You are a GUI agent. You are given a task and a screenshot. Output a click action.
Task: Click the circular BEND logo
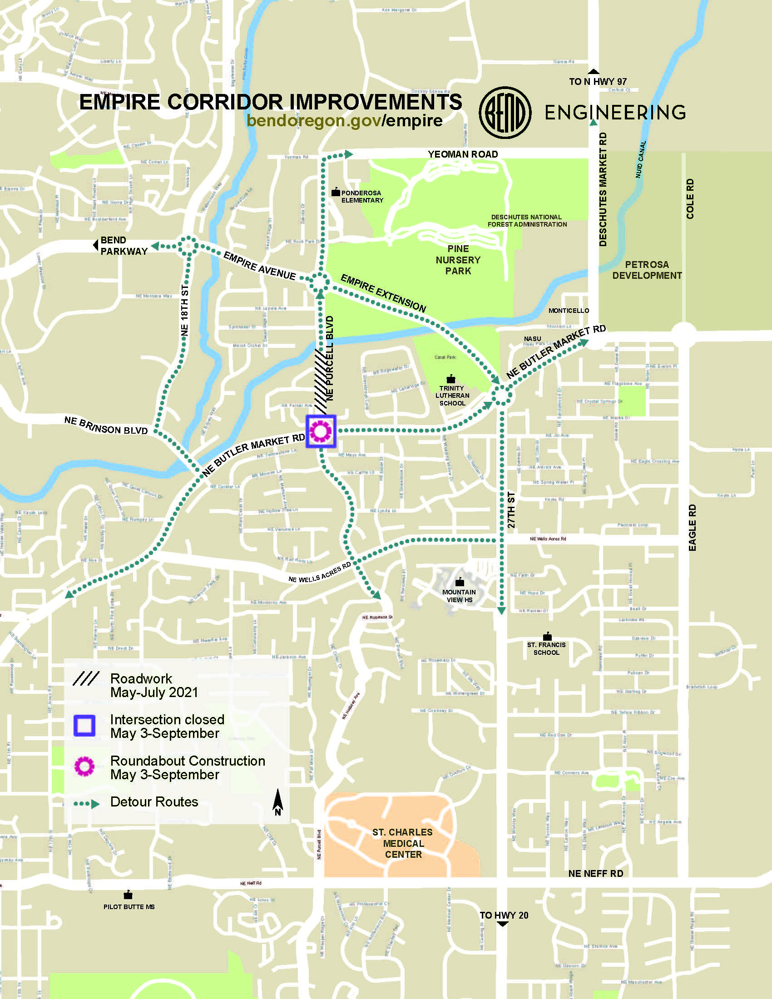point(505,113)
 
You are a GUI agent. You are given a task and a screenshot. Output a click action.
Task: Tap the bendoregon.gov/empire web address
point(344,121)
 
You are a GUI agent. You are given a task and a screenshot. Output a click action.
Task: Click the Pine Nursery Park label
point(458,260)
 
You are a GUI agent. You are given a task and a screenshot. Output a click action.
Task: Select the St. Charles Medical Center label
point(402,843)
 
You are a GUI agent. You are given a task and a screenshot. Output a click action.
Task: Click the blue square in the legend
point(84,726)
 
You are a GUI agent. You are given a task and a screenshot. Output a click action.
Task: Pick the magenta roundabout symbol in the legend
point(84,767)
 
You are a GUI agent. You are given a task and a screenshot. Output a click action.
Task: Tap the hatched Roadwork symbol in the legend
point(86,679)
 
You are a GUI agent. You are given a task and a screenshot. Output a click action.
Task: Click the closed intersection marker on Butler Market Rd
point(321,431)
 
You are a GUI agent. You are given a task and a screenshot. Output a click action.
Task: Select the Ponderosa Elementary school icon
point(336,193)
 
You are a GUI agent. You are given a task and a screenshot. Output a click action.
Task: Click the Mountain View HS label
point(459,596)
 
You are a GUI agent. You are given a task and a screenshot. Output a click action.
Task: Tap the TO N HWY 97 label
point(597,82)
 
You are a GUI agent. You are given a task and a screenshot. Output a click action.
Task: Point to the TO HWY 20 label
point(504,915)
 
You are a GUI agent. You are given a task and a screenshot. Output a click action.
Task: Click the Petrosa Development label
point(647,270)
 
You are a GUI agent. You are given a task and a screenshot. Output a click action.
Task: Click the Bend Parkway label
point(124,246)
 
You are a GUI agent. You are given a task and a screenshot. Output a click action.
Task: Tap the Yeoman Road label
point(462,154)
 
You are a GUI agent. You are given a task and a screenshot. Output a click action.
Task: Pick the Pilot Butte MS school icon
point(128,895)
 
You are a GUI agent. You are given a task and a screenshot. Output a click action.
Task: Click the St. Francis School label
point(546,648)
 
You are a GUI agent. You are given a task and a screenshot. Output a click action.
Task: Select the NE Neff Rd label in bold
point(595,874)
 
